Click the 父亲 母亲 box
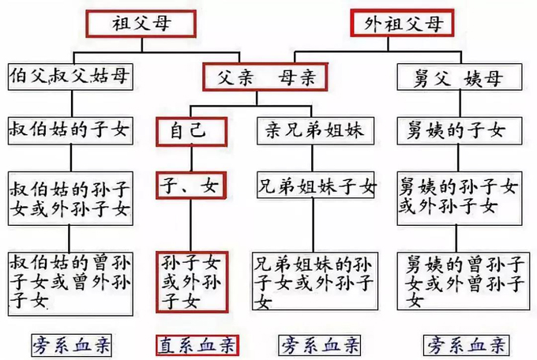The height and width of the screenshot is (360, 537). click(265, 77)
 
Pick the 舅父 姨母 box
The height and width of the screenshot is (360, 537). click(457, 77)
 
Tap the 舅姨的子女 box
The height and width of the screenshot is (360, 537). click(456, 128)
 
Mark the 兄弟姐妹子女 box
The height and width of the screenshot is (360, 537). click(316, 186)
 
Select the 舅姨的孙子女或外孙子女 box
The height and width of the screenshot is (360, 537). click(456, 198)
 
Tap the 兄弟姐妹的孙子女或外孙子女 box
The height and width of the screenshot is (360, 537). click(316, 280)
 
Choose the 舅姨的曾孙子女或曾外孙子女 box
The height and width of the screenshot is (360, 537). click(456, 280)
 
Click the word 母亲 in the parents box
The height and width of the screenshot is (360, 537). click(298, 77)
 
